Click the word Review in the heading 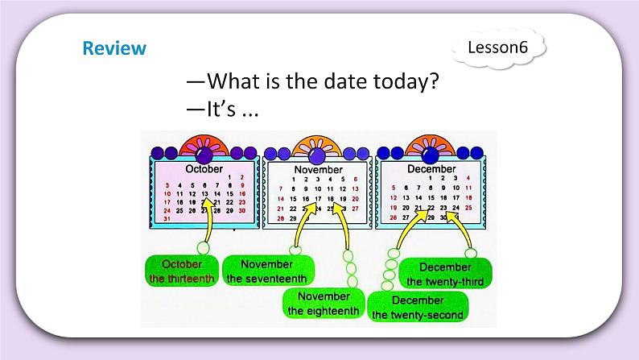pyautogui.click(x=114, y=48)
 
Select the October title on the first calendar pyautogui.click(x=204, y=169)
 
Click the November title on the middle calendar pyautogui.click(x=318, y=170)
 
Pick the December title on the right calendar pyautogui.click(x=431, y=169)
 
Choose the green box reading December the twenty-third pyautogui.click(x=445, y=274)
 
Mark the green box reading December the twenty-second pyautogui.click(x=418, y=308)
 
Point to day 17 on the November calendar pyautogui.click(x=319, y=198)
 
